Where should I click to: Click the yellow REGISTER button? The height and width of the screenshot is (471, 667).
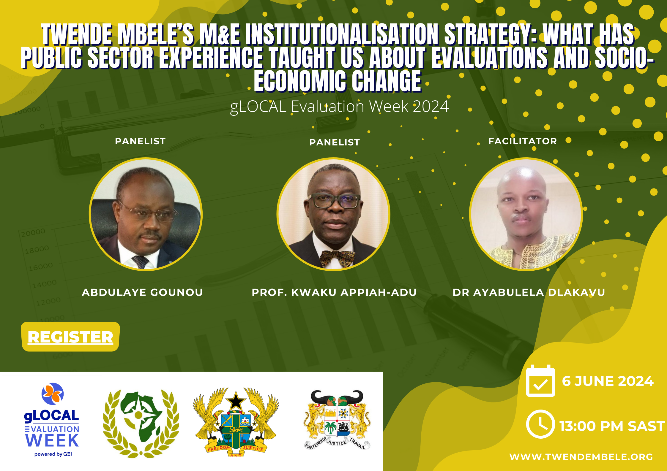coord(70,337)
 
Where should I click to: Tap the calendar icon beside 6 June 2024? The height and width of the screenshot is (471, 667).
coord(540,381)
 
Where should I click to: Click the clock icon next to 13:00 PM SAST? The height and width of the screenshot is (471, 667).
coord(540,424)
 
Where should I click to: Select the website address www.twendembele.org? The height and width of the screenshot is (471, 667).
coord(581,457)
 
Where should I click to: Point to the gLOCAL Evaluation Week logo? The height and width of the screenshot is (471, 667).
coord(52,420)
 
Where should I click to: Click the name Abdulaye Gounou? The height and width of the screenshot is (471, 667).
coord(142,292)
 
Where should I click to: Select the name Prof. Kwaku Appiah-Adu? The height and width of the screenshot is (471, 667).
coord(334,292)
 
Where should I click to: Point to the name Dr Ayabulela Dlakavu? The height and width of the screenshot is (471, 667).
coord(529,292)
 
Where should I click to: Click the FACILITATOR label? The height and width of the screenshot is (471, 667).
coord(523,141)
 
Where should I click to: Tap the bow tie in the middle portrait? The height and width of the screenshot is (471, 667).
coord(337,258)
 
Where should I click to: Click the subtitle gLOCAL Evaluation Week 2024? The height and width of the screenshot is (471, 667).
coord(339,107)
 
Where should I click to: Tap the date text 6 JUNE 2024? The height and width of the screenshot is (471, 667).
coord(608,381)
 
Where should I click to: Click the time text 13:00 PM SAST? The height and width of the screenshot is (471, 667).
coord(612,426)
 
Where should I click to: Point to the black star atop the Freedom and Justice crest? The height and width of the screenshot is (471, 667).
coord(236,401)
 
